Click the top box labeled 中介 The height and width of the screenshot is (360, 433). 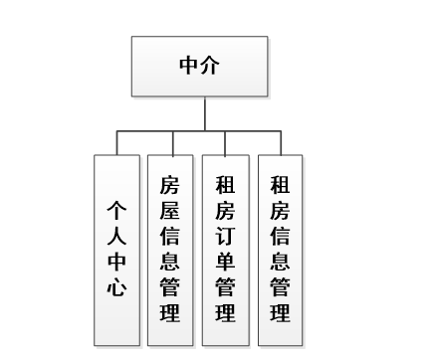coord(198,67)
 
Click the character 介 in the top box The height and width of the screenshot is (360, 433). coord(211,67)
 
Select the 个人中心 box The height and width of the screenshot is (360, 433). coord(116,248)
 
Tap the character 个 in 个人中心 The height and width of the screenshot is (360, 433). coord(116,211)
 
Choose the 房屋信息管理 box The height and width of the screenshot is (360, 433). coord(171,248)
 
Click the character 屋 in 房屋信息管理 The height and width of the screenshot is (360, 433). coord(171,209)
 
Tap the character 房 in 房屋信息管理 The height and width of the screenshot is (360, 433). coord(171,184)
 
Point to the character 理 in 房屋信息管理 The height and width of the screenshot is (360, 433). coord(171,314)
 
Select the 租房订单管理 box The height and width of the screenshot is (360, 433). coord(226,248)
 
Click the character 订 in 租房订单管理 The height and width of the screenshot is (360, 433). coord(226,236)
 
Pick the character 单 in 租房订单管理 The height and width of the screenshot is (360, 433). coord(226,262)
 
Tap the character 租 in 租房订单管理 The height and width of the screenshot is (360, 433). coord(226,184)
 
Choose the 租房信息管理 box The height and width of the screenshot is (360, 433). coord(281,248)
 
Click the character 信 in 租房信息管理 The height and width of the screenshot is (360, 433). coord(281,236)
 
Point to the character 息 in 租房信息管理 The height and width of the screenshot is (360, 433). coord(281,262)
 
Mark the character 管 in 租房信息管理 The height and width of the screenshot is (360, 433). coord(281,288)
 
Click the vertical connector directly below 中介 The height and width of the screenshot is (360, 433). coord(204,113)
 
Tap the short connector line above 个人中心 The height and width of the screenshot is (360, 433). coord(116,143)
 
